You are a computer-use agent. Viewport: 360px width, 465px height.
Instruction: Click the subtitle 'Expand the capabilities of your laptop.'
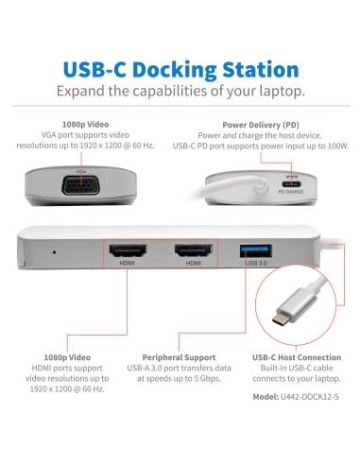point(180,92)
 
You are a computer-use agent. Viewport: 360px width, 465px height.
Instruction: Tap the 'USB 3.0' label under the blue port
point(256,265)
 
